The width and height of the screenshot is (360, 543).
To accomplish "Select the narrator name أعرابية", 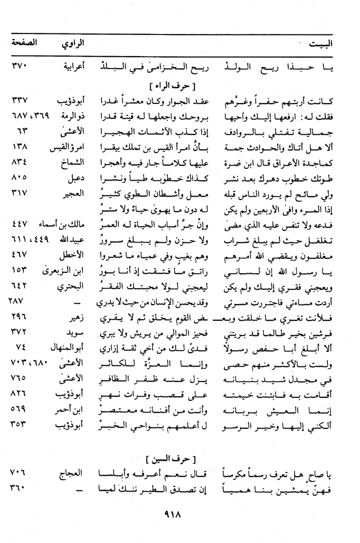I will pos(72,66).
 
